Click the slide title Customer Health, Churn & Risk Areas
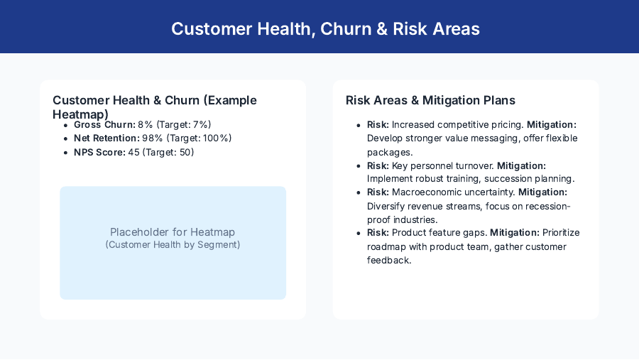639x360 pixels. tap(325, 28)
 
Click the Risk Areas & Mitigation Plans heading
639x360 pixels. tap(430, 100)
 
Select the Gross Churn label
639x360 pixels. tap(104, 124)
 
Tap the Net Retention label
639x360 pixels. tap(106, 138)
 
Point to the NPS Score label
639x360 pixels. tap(99, 152)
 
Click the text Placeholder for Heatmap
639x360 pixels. tap(173, 232)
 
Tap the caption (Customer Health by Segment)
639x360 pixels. tap(173, 245)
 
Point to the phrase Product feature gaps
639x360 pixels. tap(439, 233)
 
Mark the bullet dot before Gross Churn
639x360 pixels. tap(67, 125)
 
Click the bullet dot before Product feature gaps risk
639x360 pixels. tap(360, 233)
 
